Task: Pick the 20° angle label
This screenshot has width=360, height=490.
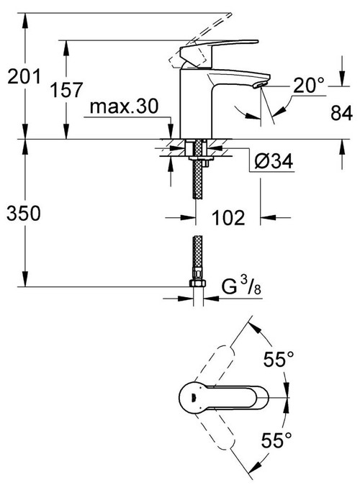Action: pyautogui.click(x=310, y=85)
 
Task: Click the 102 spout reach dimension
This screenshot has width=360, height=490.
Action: pyautogui.click(x=228, y=217)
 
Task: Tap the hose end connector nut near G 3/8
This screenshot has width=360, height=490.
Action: pyautogui.click(x=196, y=282)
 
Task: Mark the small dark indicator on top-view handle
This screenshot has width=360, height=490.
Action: pyautogui.click(x=192, y=394)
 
